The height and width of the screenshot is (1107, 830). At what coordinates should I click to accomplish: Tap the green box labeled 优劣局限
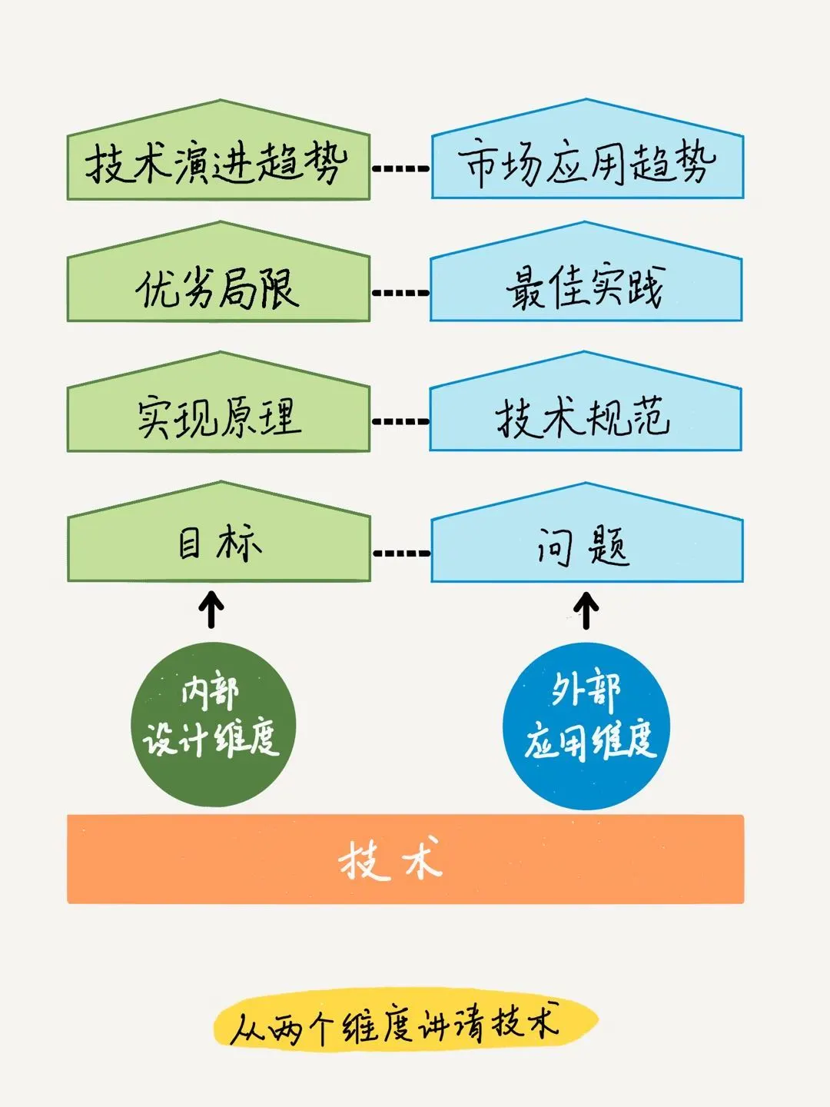218,288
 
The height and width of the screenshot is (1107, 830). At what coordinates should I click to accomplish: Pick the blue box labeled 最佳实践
586,288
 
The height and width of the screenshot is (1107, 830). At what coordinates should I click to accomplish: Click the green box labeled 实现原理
218,417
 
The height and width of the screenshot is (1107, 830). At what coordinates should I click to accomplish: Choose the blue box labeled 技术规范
586,417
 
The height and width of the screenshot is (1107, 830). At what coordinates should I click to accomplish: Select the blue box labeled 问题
586,546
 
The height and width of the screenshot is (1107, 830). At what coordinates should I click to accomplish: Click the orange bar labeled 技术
405,859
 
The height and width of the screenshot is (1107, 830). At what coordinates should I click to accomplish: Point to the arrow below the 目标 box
211,609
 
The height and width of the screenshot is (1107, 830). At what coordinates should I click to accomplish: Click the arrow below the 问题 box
586,610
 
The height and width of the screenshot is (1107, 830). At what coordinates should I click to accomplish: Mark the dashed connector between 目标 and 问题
401,553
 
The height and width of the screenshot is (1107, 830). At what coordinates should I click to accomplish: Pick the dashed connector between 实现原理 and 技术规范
400,421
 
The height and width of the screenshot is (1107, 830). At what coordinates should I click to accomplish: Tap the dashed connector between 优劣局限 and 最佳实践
400,292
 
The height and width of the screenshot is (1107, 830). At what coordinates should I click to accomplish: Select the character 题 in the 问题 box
611,547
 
